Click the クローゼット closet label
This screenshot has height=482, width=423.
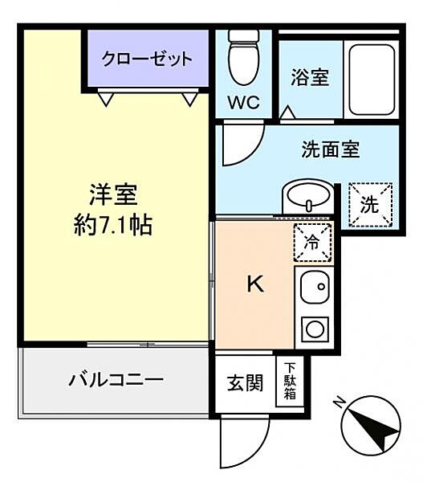(x=147, y=58)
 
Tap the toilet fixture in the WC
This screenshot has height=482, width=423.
(x=241, y=59)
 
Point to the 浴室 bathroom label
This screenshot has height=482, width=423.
(x=309, y=78)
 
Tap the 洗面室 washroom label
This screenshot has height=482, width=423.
(x=330, y=149)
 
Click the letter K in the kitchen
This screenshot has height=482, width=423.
(x=254, y=284)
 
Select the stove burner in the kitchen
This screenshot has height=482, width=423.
(x=315, y=329)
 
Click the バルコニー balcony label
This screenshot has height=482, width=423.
(x=115, y=379)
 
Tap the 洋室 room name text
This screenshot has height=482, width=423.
(x=113, y=195)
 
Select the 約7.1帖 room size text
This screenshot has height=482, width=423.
(x=113, y=225)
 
